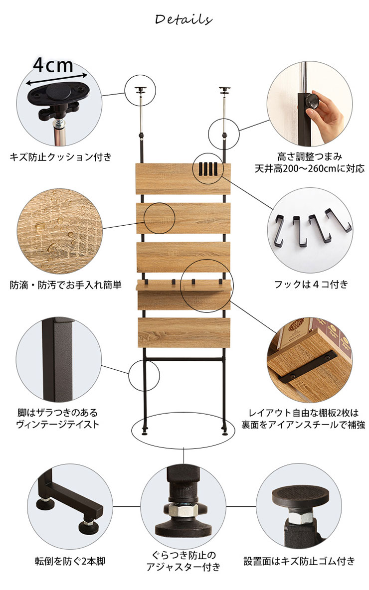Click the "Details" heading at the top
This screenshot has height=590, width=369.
click(184, 19)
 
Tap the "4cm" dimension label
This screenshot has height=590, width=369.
click(53, 65)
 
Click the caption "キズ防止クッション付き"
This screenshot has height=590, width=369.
click(61, 156)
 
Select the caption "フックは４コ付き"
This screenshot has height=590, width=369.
click(311, 284)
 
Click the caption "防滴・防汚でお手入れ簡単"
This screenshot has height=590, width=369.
click(65, 285)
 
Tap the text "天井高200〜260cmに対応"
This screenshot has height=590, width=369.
click(310, 168)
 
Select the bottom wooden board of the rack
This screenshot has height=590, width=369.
click(184, 332)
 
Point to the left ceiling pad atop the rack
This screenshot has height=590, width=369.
click(141, 90)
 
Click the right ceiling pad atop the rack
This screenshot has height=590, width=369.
click(225, 90)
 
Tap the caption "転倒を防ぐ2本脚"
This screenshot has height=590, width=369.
click(70, 562)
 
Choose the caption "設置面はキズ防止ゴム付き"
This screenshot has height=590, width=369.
click(299, 562)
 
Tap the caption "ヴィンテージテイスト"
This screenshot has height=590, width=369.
click(58, 425)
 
